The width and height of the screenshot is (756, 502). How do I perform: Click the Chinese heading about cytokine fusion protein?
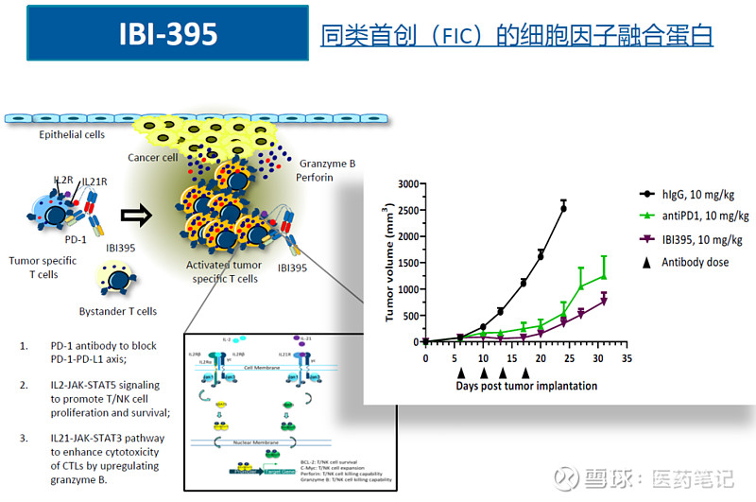pyautogui.click(x=517, y=36)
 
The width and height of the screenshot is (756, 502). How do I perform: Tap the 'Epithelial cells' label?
pyautogui.click(x=72, y=135)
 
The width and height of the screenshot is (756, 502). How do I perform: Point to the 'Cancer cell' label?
pyautogui.click(x=152, y=158)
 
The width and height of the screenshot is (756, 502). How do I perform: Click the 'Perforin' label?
pyautogui.click(x=313, y=178)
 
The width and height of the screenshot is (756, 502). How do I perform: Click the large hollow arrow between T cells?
pyautogui.click(x=136, y=216)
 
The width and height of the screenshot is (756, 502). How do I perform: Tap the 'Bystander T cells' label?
pyautogui.click(x=118, y=310)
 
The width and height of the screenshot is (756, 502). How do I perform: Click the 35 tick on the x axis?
pyautogui.click(x=627, y=360)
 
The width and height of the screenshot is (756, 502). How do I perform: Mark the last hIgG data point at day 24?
pyautogui.click(x=564, y=207)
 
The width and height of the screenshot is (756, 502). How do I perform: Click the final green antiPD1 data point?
pyautogui.click(x=603, y=275)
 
